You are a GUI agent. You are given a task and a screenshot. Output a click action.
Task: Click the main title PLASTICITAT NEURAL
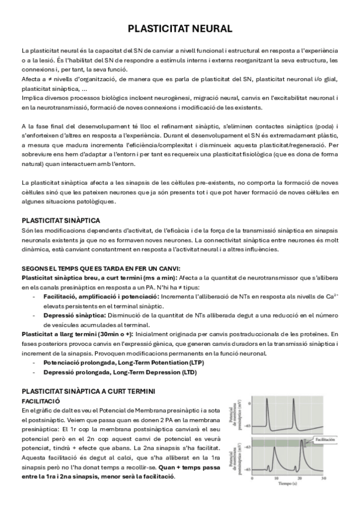(x=180, y=29)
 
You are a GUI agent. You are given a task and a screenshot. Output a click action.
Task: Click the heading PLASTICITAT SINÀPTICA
(x=61, y=221)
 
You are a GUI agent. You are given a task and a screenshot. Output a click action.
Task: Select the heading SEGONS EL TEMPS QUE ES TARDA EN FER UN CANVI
(x=100, y=268)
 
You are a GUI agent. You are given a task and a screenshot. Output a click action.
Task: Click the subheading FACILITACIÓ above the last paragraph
(x=40, y=399)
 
